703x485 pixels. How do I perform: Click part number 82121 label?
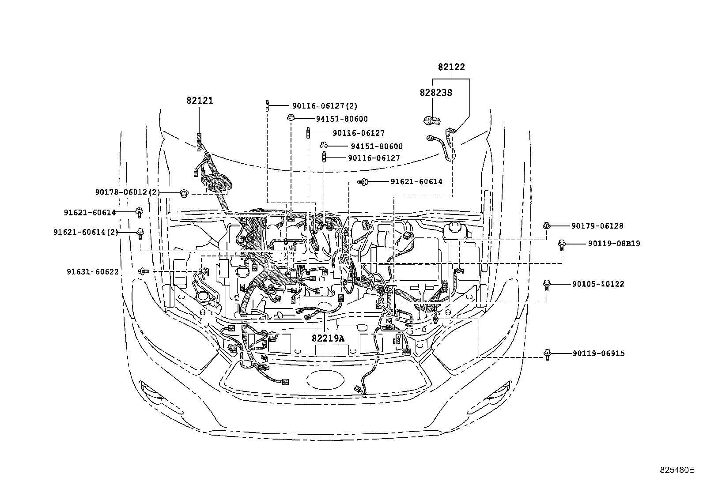pos(199,101)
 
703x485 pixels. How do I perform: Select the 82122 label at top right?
pos(451,67)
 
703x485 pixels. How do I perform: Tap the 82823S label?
pos(436,93)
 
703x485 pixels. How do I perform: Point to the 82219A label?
pos(328,338)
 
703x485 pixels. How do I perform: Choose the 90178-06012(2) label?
pos(127,192)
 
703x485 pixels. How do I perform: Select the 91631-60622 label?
pos(93,272)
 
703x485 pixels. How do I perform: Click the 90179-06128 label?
pos(597,226)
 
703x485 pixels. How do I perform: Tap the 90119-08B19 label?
pos(614,244)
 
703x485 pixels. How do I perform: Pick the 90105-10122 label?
pos(598,284)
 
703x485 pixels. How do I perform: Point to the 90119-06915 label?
pos(598,353)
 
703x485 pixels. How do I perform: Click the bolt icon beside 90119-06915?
pos(547,354)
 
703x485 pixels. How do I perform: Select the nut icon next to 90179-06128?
pos(546,226)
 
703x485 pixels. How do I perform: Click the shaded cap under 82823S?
pos(432,120)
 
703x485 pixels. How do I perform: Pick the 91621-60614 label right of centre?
pos(416,181)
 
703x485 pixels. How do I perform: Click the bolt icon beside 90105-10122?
pos(546,285)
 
